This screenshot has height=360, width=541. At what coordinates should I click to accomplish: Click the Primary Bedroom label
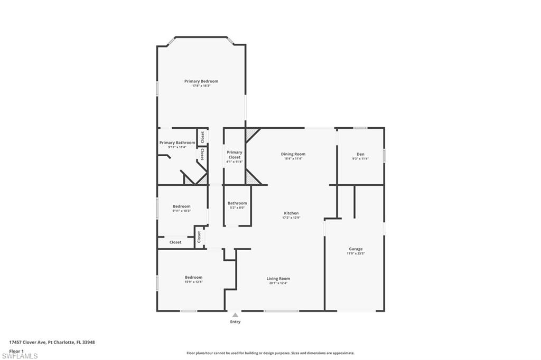click(201, 81)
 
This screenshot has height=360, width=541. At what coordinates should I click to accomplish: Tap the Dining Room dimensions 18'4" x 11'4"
click(293, 158)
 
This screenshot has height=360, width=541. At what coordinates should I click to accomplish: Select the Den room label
click(361, 154)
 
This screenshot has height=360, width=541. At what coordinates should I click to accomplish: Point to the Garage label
click(356, 249)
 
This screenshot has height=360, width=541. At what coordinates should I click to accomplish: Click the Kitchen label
click(292, 213)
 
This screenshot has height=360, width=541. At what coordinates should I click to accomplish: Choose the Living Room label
click(278, 279)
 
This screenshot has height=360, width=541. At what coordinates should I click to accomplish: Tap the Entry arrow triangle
click(235, 315)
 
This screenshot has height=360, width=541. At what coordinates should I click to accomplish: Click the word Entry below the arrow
click(235, 322)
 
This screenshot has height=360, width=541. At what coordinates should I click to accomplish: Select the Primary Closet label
click(235, 155)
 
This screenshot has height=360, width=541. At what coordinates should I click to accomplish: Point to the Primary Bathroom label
click(177, 143)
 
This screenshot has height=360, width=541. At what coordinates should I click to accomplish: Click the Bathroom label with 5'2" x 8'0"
click(237, 203)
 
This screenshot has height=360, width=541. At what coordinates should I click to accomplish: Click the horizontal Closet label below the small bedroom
click(175, 242)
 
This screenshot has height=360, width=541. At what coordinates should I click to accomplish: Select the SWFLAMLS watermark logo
click(20, 356)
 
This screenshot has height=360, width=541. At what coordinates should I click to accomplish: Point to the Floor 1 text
click(16, 350)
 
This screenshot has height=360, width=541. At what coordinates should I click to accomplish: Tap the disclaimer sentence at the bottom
click(270, 353)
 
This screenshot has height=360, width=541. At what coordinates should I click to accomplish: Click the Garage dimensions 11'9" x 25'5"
click(356, 253)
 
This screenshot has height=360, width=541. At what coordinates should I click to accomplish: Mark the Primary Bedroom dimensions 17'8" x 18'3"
click(201, 86)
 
